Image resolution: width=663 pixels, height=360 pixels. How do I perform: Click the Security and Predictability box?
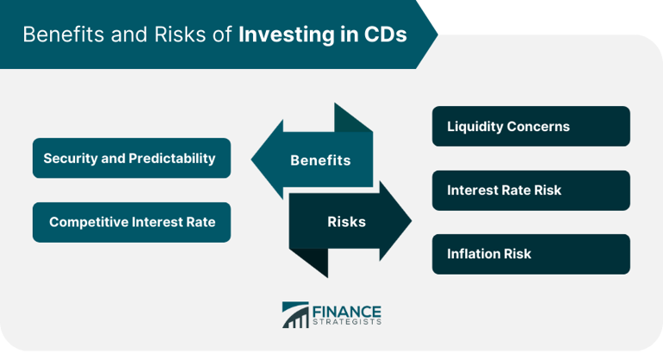tap(131, 158)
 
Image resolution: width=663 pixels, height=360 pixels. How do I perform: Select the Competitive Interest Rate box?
tap(131, 222)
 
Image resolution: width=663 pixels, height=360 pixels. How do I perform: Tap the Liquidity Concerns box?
tap(531, 126)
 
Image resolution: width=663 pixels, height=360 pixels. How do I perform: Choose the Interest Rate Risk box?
tap(531, 190)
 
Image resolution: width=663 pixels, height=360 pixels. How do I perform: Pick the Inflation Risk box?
tap(531, 254)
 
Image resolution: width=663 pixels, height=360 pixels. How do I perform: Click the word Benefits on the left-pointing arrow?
tap(320, 161)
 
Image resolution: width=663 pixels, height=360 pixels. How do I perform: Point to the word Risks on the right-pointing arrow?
tap(346, 222)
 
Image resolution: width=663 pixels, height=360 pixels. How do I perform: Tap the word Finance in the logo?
tap(350, 311)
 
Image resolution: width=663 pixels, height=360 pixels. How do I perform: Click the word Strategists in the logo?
tap(349, 323)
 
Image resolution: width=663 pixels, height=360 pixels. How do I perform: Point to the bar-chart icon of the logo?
tap(295, 316)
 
